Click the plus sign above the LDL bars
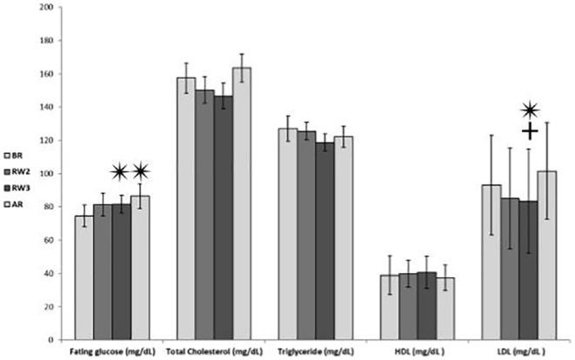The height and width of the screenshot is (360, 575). coord(530,131)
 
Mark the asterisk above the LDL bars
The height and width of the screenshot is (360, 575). coord(530,110)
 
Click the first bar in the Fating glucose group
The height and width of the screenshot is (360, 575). coord(84,277)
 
